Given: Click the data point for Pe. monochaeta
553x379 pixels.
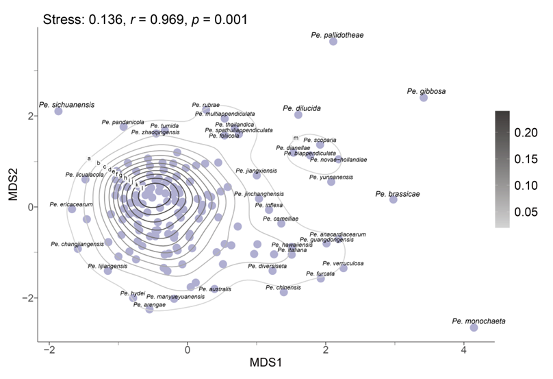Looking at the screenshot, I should (x=474, y=328).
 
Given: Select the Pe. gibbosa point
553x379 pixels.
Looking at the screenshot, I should (x=424, y=97).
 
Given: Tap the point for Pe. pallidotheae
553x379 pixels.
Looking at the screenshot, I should (x=333, y=42).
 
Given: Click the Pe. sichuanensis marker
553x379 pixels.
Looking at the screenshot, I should (x=58, y=111).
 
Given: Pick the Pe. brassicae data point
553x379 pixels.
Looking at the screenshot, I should (x=394, y=199).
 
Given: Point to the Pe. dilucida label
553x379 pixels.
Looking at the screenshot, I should (x=302, y=108).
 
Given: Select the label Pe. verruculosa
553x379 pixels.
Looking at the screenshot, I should (x=343, y=263).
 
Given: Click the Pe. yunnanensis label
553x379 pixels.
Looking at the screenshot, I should (x=331, y=177).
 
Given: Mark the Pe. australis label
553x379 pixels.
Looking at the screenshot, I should (x=218, y=289).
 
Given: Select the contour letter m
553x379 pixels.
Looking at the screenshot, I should (x=296, y=138).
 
